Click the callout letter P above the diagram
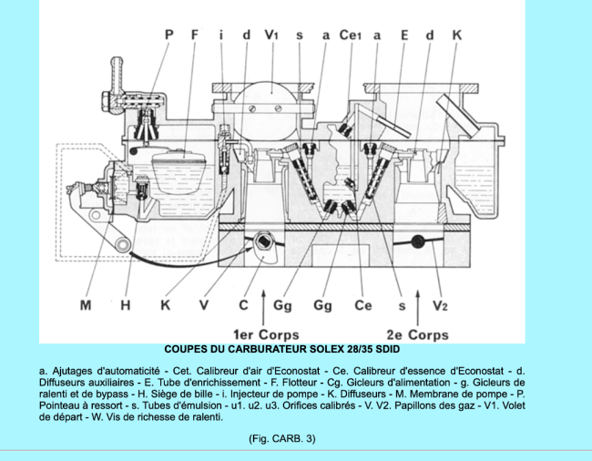pyautogui.click(x=169, y=35)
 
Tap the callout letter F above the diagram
pyautogui.click(x=196, y=35)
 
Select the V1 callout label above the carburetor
pyautogui.click(x=271, y=35)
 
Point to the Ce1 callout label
pyautogui.click(x=351, y=35)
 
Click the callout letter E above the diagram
pyautogui.click(x=404, y=35)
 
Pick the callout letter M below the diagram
pyautogui.click(x=86, y=305)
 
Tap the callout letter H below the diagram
pyautogui.click(x=126, y=305)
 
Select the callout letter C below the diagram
pyautogui.click(x=244, y=305)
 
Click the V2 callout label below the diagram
pyautogui.click(x=440, y=305)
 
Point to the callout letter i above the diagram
pyautogui.click(x=220, y=35)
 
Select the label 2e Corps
pyautogui.click(x=417, y=334)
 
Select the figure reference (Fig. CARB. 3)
pyautogui.click(x=281, y=438)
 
